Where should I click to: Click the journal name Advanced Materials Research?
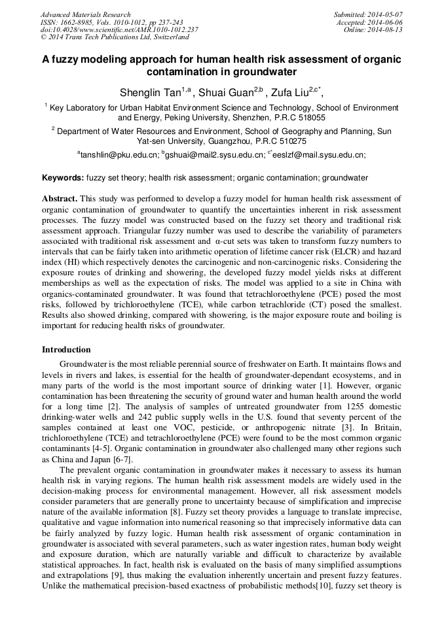[85, 14]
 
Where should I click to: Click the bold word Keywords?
[62, 178]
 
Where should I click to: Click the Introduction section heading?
[66, 350]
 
